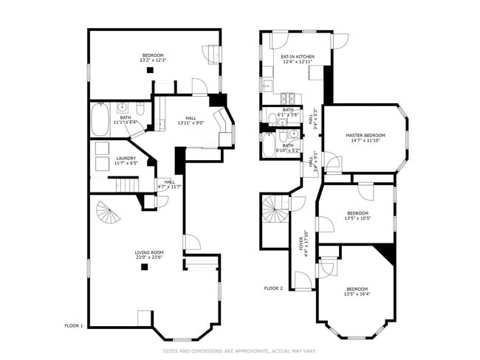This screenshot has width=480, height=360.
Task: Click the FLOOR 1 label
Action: [x=74, y=325]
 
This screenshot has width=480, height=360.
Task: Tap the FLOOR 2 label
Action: [x=273, y=288]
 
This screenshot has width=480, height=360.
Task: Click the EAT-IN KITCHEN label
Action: [x=298, y=57]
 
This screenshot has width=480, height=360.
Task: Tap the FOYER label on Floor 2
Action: [x=301, y=243]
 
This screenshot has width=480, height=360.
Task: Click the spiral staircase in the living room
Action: [x=109, y=215]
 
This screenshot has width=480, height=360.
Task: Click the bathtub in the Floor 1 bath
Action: [x=99, y=120]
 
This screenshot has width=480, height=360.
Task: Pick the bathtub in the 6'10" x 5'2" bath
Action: [x=270, y=145]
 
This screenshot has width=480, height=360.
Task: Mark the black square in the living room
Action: [x=145, y=267]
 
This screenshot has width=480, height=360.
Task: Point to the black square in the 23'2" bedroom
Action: [x=149, y=70]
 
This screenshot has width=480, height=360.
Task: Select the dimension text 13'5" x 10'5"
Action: [x=357, y=218]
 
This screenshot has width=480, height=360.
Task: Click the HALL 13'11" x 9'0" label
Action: [x=191, y=122]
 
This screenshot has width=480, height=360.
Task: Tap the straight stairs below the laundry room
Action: [x=127, y=185]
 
